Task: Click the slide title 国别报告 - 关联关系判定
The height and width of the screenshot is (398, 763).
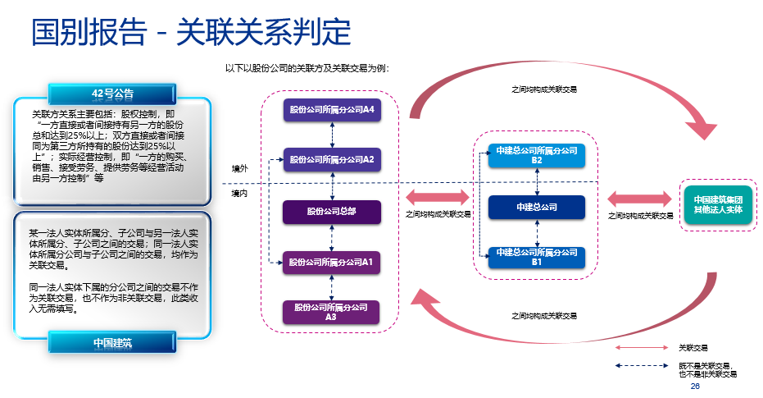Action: pos(191,33)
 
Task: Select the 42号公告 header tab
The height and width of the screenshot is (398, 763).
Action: pos(113,93)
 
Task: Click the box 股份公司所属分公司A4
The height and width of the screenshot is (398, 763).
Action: pos(332,110)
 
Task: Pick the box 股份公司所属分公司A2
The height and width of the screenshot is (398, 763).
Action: pos(332,160)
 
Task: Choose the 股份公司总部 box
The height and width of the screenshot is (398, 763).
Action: pos(332,212)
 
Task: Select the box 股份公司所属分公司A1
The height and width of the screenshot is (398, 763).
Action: pos(332,263)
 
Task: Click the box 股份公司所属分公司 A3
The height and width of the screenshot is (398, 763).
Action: pos(332,312)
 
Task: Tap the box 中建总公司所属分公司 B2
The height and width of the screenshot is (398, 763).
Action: pos(537,156)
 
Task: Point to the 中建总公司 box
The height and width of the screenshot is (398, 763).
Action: pos(537,208)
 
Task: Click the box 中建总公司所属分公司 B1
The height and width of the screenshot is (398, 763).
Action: pos(537,258)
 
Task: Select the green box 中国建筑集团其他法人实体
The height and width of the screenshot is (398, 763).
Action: pos(718,204)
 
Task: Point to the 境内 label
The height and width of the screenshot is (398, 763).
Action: pos(239,194)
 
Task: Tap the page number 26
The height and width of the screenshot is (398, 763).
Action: pos(695,387)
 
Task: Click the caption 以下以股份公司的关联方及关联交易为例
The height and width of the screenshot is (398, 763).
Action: pos(307,68)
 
